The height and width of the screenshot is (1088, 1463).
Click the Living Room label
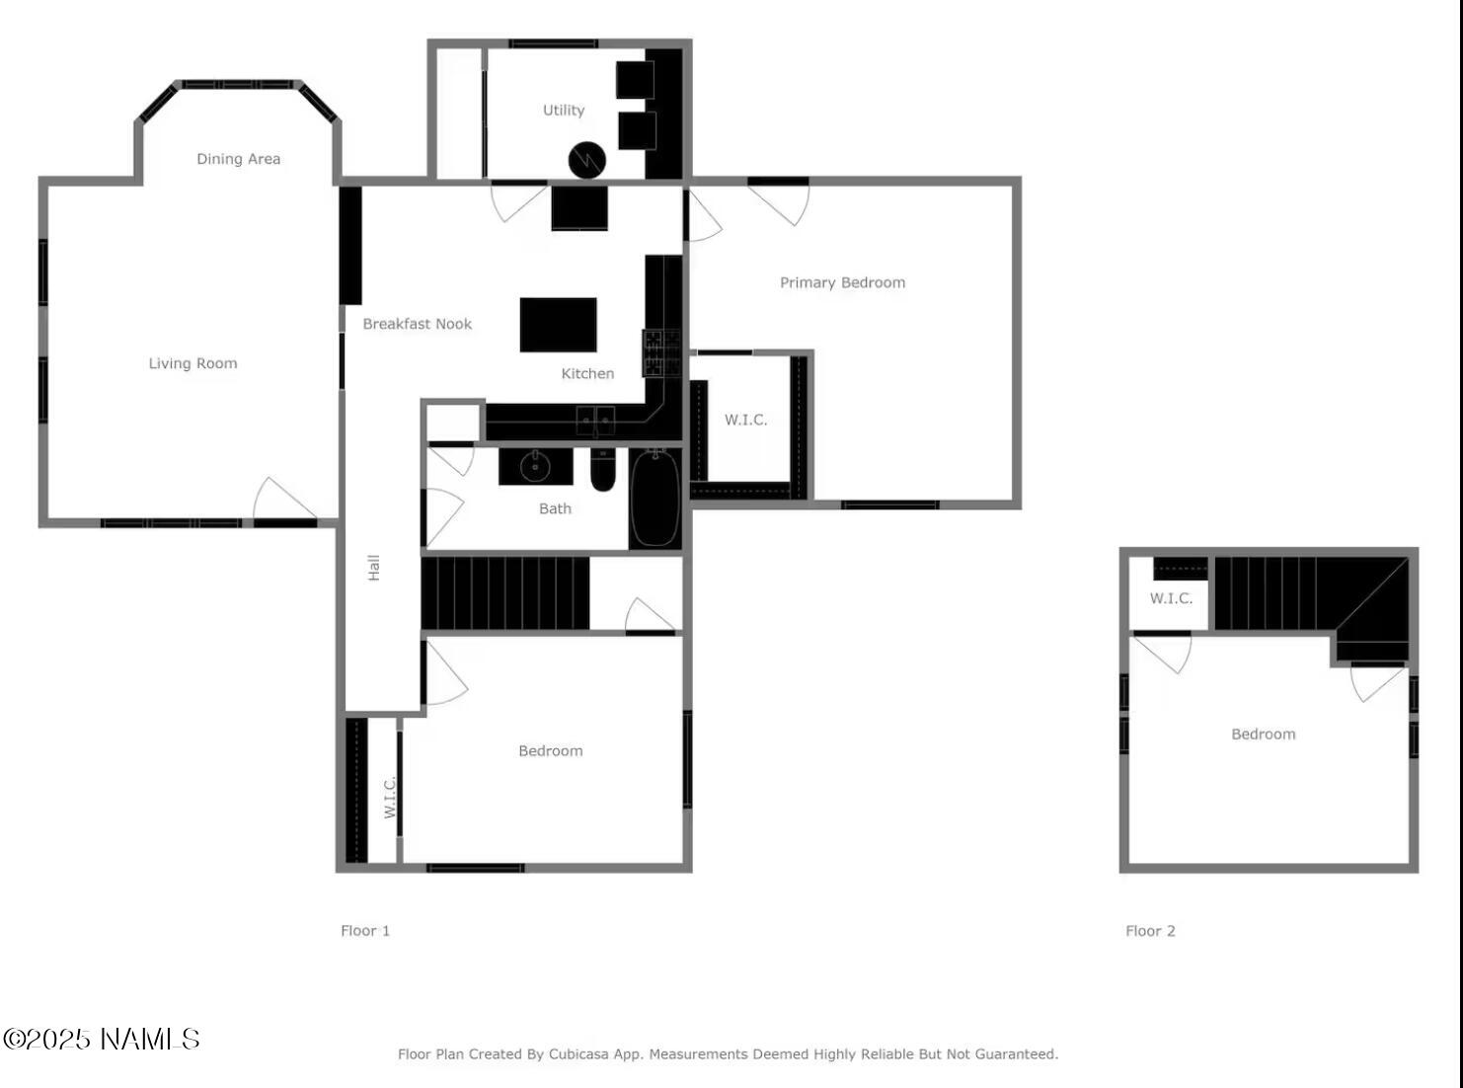[x=192, y=363]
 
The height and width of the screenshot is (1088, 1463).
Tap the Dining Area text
[x=238, y=159]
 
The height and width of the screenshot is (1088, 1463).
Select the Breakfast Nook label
[x=417, y=324]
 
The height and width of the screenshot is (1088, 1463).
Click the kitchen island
[x=558, y=325]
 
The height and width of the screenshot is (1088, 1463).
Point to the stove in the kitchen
[x=661, y=352]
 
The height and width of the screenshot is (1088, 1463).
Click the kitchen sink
[x=595, y=422]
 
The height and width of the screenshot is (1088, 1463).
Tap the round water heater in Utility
[x=586, y=160]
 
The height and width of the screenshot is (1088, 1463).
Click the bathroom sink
[x=535, y=466]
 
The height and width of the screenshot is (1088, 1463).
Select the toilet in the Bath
[x=603, y=469]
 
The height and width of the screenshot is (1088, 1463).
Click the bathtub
[x=654, y=497]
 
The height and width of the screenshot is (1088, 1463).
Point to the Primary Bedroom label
[x=842, y=282]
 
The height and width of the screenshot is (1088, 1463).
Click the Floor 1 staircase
[x=504, y=593]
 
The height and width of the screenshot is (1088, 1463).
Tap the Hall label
[x=374, y=567]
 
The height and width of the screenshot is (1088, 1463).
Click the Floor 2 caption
[x=1150, y=931]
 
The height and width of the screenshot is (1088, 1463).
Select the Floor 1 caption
[x=365, y=931]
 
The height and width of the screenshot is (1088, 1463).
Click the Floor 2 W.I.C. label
[x=1171, y=598]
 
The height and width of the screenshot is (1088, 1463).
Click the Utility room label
[x=564, y=111]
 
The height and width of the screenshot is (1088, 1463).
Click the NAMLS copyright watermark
[x=102, y=1040]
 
